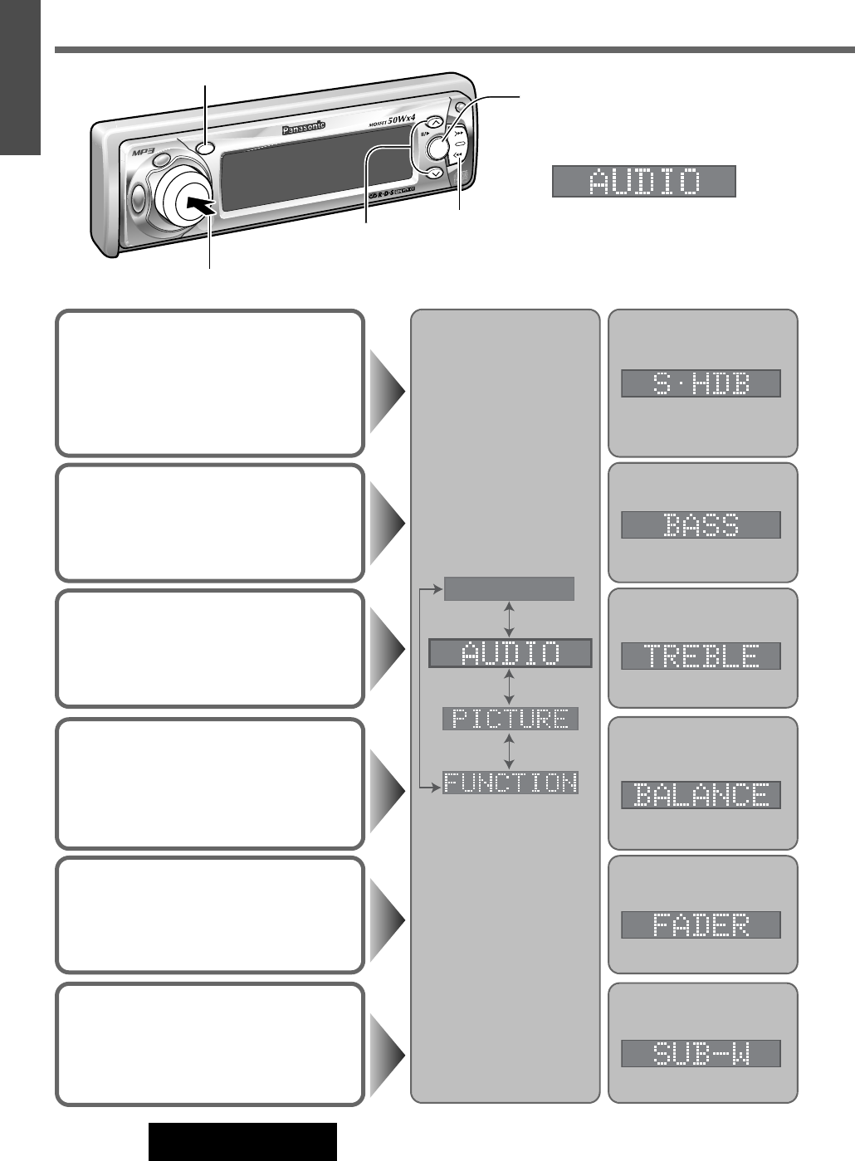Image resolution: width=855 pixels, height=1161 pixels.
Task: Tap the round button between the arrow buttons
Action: click(x=436, y=148)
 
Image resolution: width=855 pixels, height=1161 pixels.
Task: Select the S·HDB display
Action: click(x=701, y=383)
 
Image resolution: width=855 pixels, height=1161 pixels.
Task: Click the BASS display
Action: click(x=701, y=524)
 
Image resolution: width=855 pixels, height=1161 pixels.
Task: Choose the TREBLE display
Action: click(x=701, y=656)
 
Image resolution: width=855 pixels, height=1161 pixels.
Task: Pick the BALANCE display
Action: click(x=701, y=795)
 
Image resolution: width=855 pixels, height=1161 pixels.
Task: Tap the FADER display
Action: click(x=701, y=924)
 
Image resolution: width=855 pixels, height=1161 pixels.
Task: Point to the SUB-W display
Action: click(x=701, y=1054)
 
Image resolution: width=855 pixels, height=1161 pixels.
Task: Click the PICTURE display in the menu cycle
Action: click(x=510, y=719)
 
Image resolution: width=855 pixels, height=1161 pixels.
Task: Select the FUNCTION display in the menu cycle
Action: click(x=510, y=783)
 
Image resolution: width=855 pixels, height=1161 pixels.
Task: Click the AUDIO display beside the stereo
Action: click(x=644, y=182)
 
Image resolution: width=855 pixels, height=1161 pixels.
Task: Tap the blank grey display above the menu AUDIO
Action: click(x=510, y=589)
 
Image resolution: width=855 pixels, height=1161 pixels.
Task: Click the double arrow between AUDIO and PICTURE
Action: click(x=510, y=687)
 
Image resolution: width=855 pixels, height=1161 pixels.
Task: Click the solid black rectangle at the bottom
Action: click(x=242, y=1142)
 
